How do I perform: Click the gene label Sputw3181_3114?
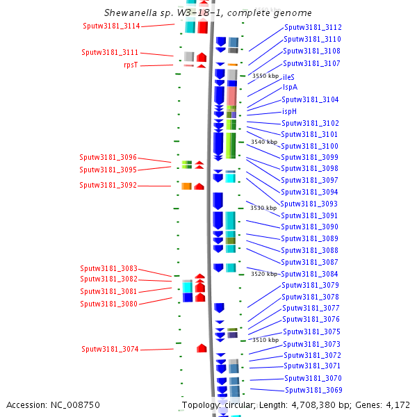coord(111,26)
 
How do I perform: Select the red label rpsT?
coord(131,65)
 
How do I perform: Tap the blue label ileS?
coord(288,77)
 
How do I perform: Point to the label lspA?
coord(290,88)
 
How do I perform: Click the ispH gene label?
coord(290,111)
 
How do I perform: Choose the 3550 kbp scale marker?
coord(265,76)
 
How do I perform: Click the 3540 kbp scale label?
coord(264,142)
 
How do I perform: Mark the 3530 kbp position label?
coord(263,208)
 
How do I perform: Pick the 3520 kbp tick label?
coord(264,274)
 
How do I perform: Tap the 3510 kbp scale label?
coord(265,340)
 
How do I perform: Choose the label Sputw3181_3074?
coord(110,350)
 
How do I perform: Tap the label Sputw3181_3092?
coord(108,186)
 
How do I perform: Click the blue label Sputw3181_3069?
coord(313,390)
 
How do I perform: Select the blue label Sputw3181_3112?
coord(313,28)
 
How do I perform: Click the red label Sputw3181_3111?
coord(110,53)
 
